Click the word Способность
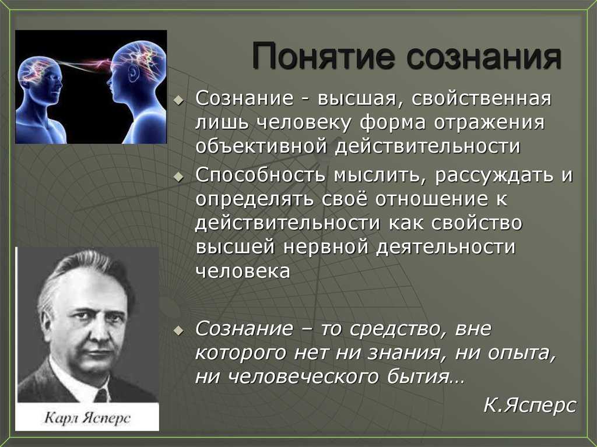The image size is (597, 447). (261, 175)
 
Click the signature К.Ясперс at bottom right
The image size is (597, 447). (530, 404)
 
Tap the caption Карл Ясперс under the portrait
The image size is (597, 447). (87, 418)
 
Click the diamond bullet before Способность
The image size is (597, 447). (178, 177)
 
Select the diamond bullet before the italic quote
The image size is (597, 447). (178, 330)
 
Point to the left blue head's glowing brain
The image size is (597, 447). (37, 69)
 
